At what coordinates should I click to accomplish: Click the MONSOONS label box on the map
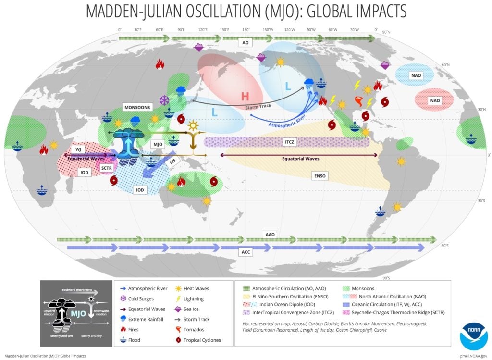(x=137, y=107)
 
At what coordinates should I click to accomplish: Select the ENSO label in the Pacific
(x=319, y=176)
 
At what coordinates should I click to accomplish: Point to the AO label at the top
(x=246, y=43)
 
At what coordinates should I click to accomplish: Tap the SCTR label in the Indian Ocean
(x=107, y=168)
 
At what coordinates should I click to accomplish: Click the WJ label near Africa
(x=79, y=149)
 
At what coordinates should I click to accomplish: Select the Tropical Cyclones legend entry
(x=201, y=340)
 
